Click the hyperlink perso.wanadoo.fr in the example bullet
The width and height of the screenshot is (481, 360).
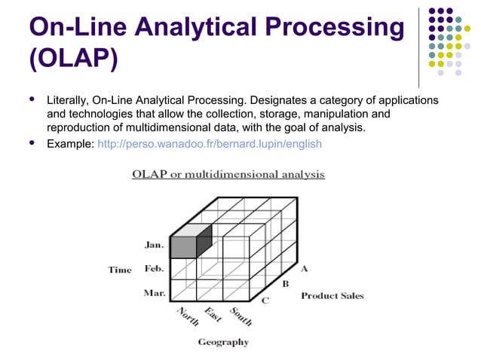coord(210,143)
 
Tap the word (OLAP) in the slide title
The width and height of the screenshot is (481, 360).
coord(73,58)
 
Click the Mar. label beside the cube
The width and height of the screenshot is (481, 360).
coord(155,293)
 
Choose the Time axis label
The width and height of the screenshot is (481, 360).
coord(119,270)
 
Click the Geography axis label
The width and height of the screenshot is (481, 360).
coord(223,342)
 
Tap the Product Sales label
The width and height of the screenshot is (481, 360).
coord(332,296)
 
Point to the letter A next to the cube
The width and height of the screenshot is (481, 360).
coord(304,268)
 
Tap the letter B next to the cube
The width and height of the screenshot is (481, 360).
coord(286,285)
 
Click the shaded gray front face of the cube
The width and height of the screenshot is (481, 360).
coord(182,246)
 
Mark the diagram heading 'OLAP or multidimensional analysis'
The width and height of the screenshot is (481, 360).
coord(228,175)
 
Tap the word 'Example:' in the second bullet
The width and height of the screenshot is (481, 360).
coord(70,143)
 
